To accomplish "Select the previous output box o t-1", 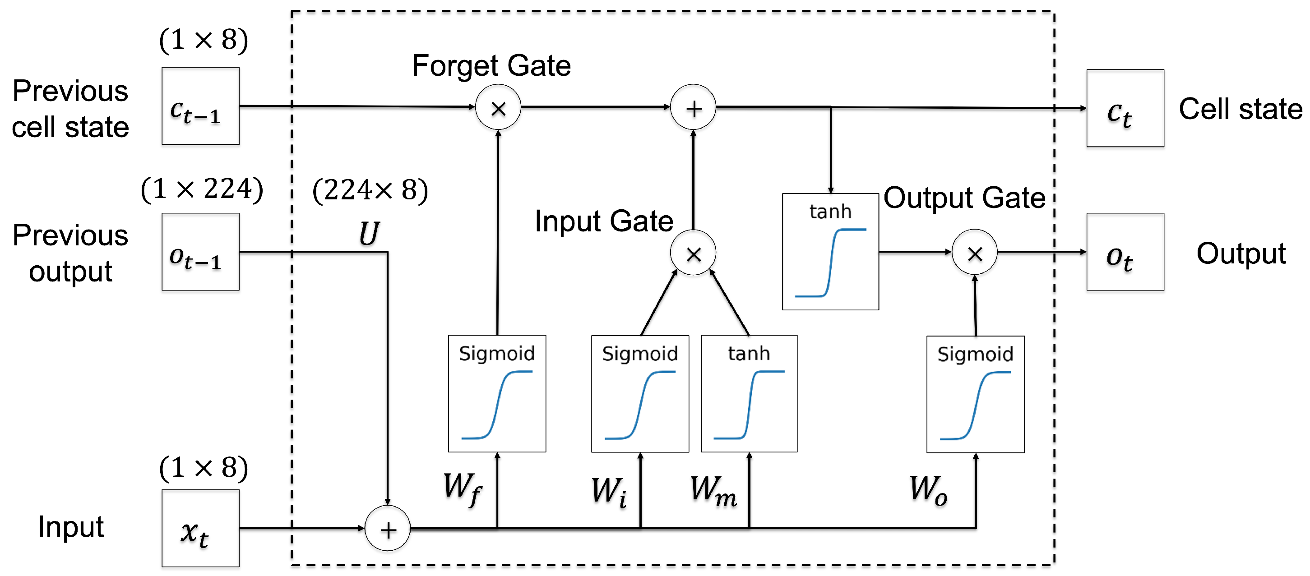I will [x=200, y=252].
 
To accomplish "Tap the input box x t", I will [x=200, y=528].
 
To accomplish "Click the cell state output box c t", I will [x=1125, y=108].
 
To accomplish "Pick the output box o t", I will [x=1125, y=252].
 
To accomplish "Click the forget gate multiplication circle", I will [x=498, y=107].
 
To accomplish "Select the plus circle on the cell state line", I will [x=693, y=107].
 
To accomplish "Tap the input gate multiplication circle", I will [x=693, y=253].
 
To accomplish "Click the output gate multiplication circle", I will [x=974, y=252].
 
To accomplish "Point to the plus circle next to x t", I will [x=388, y=529].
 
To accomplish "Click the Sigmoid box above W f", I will [x=497, y=393].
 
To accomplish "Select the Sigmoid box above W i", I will [x=640, y=393].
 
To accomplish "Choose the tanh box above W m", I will [x=749, y=393].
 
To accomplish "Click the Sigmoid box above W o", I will [x=975, y=394].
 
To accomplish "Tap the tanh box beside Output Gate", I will [x=830, y=252].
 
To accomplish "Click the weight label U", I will [x=369, y=234].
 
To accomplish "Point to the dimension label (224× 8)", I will [x=370, y=191].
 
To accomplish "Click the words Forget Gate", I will [x=491, y=66].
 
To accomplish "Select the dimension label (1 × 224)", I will [x=202, y=189].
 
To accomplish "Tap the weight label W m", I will [x=713, y=491].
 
